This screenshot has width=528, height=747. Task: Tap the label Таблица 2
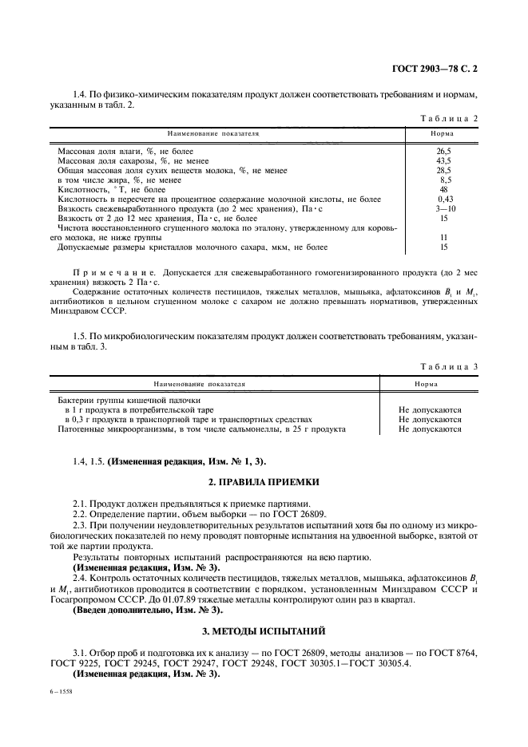pyautogui.click(x=449, y=118)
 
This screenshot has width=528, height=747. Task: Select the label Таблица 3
pyautogui.click(x=449, y=367)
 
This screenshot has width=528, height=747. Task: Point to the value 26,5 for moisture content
pyautogui.click(x=443, y=151)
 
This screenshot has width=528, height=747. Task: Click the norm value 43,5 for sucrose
pyautogui.click(x=443, y=160)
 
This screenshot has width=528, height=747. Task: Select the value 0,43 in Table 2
pyautogui.click(x=444, y=199)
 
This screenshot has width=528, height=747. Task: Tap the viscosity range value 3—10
pyautogui.click(x=444, y=208)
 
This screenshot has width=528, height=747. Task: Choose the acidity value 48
pyautogui.click(x=444, y=189)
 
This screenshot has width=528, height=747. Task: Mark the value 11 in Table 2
pyautogui.click(x=444, y=238)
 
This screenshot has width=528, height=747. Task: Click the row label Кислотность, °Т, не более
pyautogui.click(x=112, y=189)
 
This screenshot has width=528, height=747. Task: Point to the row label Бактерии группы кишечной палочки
pyautogui.click(x=129, y=400)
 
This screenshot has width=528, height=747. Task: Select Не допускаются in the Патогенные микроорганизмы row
pyautogui.click(x=430, y=429)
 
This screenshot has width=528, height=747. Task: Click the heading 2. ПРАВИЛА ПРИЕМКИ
pyautogui.click(x=264, y=483)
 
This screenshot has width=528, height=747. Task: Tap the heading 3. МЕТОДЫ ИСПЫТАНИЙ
pyautogui.click(x=264, y=610)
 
